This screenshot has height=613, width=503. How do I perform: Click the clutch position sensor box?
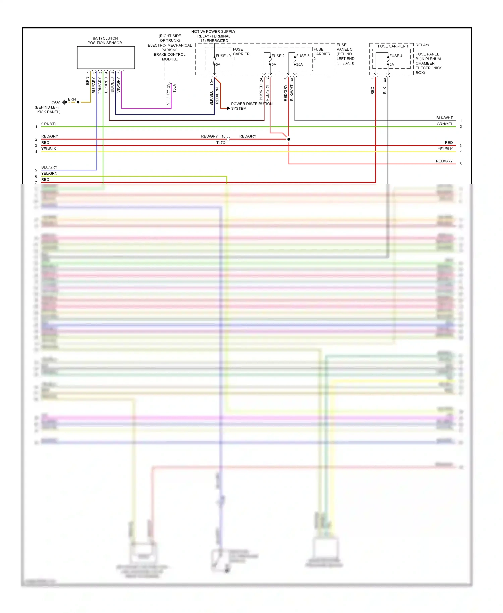pyautogui.click(x=106, y=58)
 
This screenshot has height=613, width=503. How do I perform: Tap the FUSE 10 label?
pyautogui.click(x=223, y=56)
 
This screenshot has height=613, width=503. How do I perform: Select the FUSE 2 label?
pyautogui.click(x=278, y=56)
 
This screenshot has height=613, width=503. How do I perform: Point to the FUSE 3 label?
pyautogui.click(x=303, y=56)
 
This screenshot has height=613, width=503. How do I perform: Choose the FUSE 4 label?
pyautogui.click(x=396, y=56)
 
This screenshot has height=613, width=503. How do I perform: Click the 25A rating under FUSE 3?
pyautogui.click(x=299, y=65)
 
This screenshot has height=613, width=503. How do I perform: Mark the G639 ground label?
pyautogui.click(x=56, y=103)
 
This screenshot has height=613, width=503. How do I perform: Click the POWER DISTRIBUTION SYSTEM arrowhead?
pyautogui.click(x=228, y=108)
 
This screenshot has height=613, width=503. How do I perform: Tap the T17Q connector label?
pyautogui.click(x=221, y=143)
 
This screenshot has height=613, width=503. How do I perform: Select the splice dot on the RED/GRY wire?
pyautogui.click(x=289, y=139)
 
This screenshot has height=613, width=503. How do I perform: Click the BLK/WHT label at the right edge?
pyautogui.click(x=444, y=118)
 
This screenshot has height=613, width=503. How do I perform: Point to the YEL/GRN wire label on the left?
pyautogui.click(x=49, y=173)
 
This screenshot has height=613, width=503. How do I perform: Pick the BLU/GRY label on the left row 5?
pyautogui.click(x=49, y=167)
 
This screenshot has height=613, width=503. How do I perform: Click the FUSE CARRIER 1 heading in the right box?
pyautogui.click(x=393, y=46)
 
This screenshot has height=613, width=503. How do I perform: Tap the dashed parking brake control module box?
pyautogui.click(x=171, y=71)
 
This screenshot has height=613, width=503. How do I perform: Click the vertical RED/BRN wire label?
pyautogui.click(x=217, y=95)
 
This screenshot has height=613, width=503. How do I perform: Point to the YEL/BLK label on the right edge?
pyautogui.click(x=445, y=149)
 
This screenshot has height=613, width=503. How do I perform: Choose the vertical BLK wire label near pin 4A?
pyautogui.click(x=385, y=90)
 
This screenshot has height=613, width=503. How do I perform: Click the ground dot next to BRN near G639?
pyautogui.click(x=78, y=102)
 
